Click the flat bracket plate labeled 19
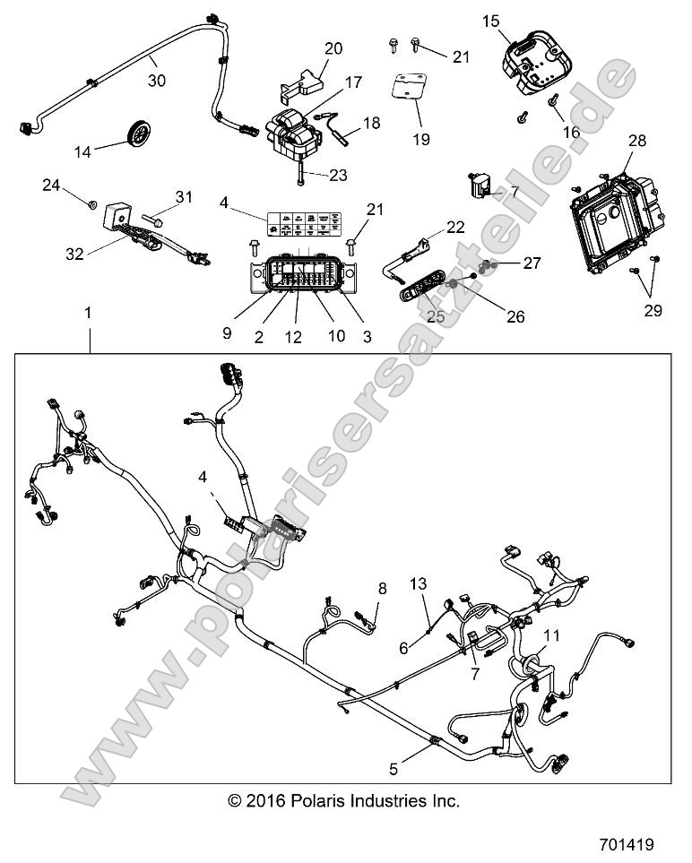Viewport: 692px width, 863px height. pos(408,91)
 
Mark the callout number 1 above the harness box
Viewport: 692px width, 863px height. pos(88,313)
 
